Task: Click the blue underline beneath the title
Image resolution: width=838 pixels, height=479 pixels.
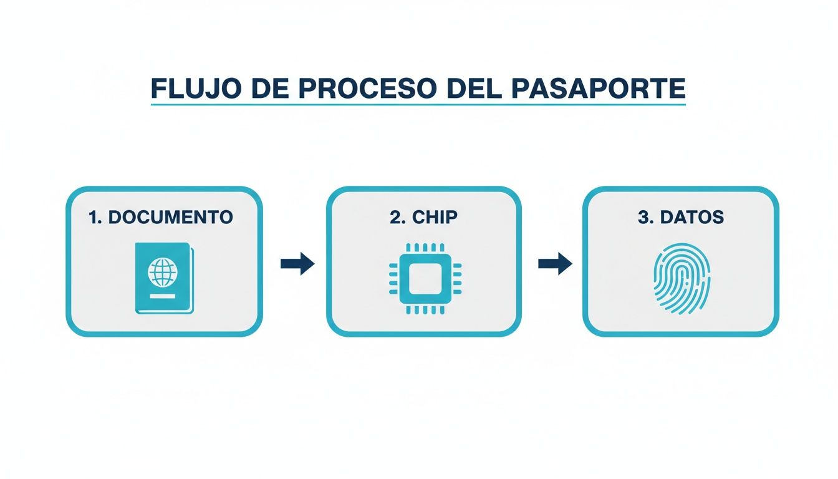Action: tap(418, 104)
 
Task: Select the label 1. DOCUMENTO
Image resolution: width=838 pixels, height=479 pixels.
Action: tap(161, 217)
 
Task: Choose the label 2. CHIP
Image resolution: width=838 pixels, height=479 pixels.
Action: tap(423, 217)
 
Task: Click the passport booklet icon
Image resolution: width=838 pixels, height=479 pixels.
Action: tap(164, 278)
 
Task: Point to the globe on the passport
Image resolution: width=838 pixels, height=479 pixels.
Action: tap(163, 273)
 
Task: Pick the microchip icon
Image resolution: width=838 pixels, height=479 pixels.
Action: tap(425, 278)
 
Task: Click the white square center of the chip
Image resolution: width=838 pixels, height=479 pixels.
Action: tap(425, 278)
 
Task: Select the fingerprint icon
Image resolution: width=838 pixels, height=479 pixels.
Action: tap(681, 278)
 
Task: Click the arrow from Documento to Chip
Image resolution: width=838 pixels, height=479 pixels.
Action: tap(297, 264)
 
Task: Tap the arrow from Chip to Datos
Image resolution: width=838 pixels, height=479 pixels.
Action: tap(555, 264)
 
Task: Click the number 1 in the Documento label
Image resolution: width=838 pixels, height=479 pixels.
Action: tap(93, 217)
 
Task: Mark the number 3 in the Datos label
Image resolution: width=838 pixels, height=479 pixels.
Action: tap(643, 217)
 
